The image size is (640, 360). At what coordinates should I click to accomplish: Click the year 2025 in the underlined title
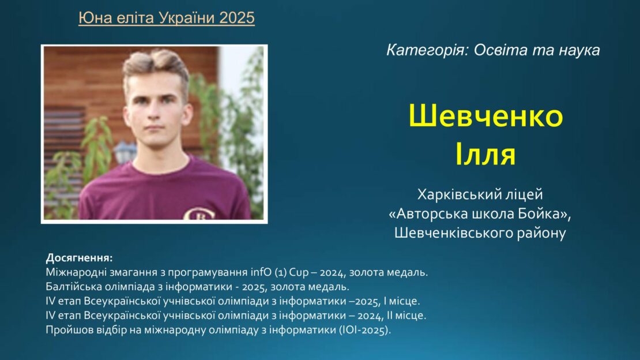coord(237,17)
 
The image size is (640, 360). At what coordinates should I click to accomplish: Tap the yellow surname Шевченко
coord(485,115)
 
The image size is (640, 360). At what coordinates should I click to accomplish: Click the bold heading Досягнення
coord(79,258)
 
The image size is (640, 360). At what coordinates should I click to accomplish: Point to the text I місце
coord(401,301)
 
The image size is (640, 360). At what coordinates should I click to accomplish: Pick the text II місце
coord(406,316)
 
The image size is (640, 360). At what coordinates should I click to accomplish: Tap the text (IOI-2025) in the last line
coord(365,330)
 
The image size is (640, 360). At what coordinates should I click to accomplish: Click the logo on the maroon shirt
coord(199,214)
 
